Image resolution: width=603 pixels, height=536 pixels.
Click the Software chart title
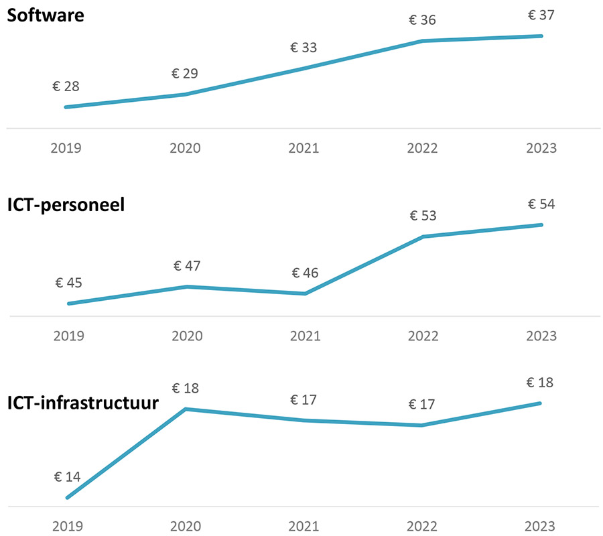pos(46,15)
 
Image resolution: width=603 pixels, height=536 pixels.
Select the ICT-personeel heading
pos(66,204)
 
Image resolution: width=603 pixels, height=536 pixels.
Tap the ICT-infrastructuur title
pos(83,403)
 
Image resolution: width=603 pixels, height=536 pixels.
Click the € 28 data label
pos(66,86)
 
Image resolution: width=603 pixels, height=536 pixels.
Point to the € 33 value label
pos(304,48)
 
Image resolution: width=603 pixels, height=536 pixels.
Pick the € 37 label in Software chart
pos(541,15)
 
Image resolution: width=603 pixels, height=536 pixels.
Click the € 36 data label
pos(423,20)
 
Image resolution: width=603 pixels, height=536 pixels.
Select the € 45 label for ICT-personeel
pos(68,283)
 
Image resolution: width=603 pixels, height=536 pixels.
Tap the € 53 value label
pos(423,216)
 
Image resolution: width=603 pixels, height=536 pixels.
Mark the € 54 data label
pos(541,204)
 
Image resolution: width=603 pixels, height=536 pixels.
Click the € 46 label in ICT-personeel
pos(305,273)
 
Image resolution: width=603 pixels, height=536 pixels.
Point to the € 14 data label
pos(67,477)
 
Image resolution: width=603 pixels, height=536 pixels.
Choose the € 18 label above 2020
pos(186,388)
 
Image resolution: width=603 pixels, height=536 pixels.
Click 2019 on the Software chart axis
pos(66,148)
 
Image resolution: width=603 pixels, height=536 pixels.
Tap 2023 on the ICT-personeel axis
pos(541,336)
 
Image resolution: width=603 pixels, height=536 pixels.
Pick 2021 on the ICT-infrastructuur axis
pos(304,526)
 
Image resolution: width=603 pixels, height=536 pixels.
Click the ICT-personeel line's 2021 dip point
pos(305,293)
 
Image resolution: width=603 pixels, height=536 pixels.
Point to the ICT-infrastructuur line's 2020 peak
pos(186,409)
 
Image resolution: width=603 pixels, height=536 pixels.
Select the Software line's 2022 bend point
pos(423,41)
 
